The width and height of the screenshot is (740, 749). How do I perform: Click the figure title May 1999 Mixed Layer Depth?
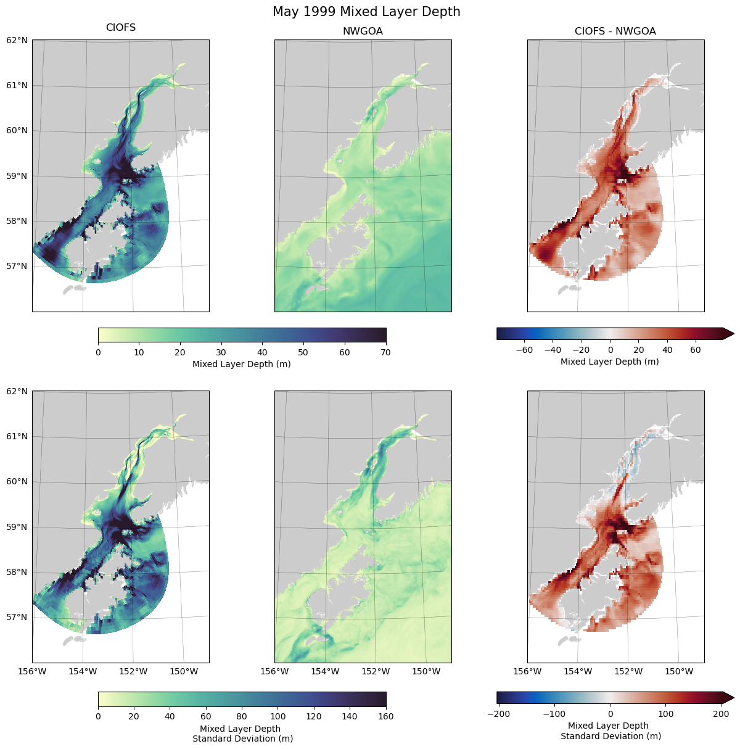tap(366, 12)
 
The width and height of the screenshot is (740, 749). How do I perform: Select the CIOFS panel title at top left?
tap(121, 28)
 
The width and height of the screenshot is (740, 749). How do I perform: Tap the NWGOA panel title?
tap(363, 31)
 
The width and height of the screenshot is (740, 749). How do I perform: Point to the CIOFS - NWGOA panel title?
tap(615, 31)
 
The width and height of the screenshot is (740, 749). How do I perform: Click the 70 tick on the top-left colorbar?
tap(386, 352)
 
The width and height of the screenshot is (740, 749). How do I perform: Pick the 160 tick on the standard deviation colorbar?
tap(386, 716)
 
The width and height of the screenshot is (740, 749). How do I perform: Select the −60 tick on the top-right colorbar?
tap(524, 350)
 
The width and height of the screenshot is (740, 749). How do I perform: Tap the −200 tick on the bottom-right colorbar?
tap(498, 714)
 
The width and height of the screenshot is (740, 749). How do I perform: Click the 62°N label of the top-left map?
tap(17, 40)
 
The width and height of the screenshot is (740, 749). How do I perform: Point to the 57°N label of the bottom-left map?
tap(17, 617)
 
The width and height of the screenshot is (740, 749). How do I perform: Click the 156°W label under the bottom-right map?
tap(528, 671)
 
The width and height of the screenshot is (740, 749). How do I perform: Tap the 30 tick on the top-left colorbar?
tap(221, 352)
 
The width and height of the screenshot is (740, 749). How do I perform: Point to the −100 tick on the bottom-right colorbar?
tap(554, 714)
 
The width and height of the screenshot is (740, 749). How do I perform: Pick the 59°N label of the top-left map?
tap(17, 176)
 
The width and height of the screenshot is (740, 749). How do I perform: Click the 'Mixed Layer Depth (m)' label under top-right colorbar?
tap(609, 362)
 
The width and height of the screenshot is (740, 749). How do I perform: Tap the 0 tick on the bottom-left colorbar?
tap(99, 716)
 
